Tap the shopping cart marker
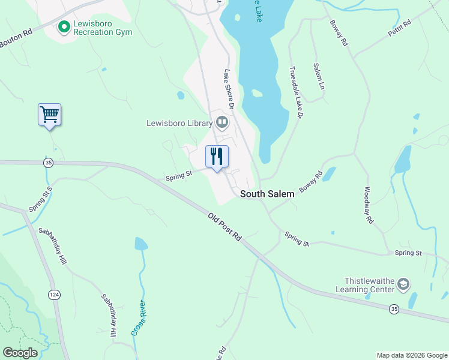click(49, 114)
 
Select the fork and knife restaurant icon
click(217, 157)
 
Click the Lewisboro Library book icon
click(222, 123)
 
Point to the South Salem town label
click(268, 194)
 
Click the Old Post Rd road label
click(224, 227)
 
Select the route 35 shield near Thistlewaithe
click(394, 309)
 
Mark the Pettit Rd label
click(399, 28)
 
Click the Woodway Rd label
click(369, 206)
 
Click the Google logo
click(20, 353)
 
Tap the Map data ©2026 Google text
click(411, 355)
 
